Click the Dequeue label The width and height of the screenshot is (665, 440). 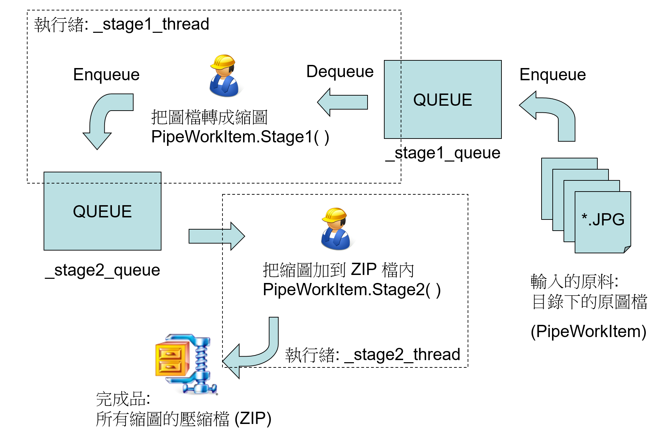point(340,72)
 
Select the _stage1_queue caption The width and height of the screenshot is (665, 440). point(443,153)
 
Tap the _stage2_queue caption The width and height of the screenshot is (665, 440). point(103,270)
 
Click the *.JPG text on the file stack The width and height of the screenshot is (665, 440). point(603,219)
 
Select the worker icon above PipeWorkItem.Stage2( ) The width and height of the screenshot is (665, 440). point(335,229)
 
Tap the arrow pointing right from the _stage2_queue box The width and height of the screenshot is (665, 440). point(216,236)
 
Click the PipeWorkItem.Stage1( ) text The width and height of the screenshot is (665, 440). point(240,137)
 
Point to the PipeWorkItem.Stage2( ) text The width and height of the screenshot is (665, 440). point(352,290)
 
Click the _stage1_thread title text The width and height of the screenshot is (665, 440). point(121,24)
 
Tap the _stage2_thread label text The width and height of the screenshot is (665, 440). point(372,355)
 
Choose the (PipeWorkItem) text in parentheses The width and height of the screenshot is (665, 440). point(588,331)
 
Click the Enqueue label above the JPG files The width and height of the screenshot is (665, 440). point(552,75)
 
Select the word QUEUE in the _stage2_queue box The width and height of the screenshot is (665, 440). point(102,211)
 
